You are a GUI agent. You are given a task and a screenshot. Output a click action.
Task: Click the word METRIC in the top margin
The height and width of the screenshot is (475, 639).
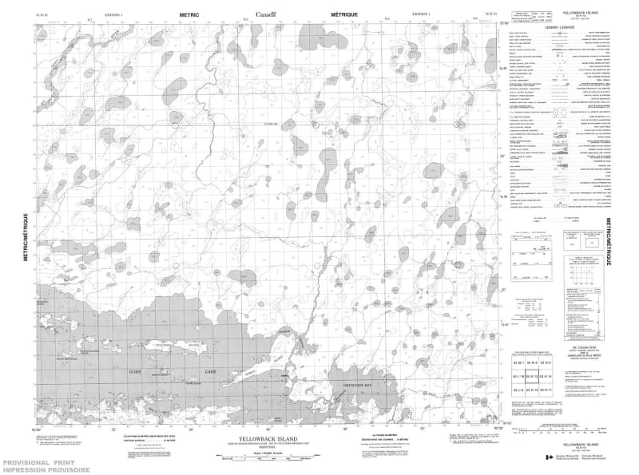click(189, 14)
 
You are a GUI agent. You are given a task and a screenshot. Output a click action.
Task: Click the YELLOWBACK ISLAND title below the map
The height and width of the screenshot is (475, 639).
click(265, 438)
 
